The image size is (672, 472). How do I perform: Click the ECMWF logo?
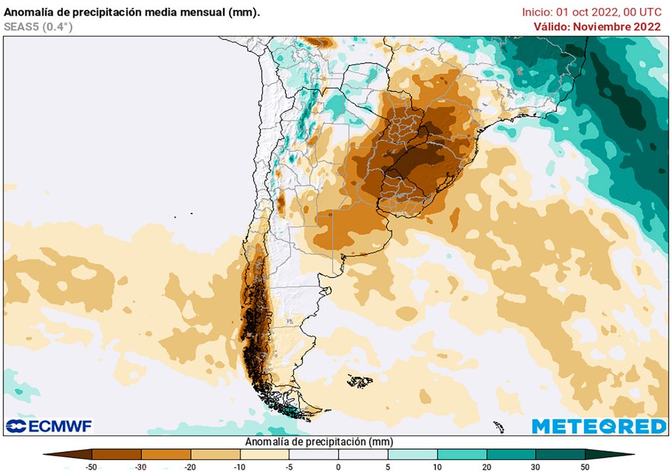pos(49,426)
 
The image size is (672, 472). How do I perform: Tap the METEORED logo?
pos(599,426)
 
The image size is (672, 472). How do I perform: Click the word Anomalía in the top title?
pos(29,12)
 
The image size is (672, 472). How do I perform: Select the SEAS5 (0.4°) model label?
pos(38,27)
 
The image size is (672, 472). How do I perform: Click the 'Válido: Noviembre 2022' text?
pos(597,27)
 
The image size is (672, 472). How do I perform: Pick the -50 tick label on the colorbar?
pos(93,467)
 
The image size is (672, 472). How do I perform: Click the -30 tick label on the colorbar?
pos(141,467)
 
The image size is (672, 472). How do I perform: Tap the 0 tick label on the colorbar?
pos(338,467)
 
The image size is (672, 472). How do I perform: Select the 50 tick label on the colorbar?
pos(585,467)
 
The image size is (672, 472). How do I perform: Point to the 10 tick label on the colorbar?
pos(436,467)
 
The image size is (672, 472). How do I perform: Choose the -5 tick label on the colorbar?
pos(289,467)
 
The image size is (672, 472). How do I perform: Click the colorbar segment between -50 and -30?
pos(117,454)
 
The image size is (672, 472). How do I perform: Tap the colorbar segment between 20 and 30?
pos(511,454)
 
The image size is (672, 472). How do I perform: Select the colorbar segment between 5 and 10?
pos(412,454)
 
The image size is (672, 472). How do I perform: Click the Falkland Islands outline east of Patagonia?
pos(360,381)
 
